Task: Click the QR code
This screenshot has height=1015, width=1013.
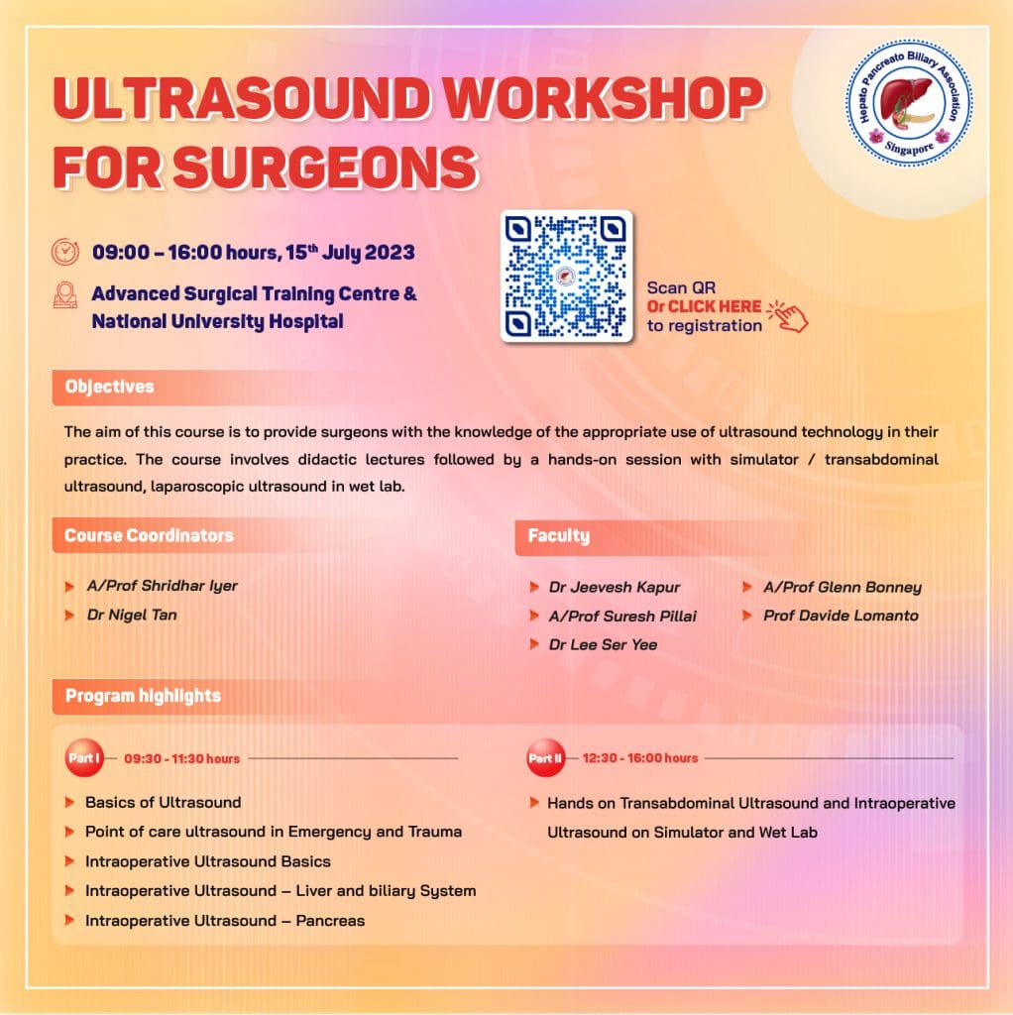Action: [x=566, y=277]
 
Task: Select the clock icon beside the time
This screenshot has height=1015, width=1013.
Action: [x=65, y=251]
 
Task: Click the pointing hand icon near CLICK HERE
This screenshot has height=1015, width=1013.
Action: [x=789, y=314]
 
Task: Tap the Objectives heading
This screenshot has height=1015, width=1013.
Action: [x=109, y=387]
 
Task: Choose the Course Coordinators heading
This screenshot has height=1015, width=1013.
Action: [x=149, y=535]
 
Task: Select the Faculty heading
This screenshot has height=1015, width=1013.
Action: [x=558, y=535]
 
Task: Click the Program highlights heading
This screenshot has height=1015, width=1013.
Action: [x=143, y=696]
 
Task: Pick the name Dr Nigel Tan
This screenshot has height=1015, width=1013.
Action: [x=132, y=615]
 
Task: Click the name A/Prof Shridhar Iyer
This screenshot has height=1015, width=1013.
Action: [x=162, y=586]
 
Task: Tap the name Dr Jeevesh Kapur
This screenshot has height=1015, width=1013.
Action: [x=615, y=587]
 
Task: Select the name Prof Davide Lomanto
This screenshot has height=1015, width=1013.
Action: [x=841, y=616]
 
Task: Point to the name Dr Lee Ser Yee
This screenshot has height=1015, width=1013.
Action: [x=603, y=644]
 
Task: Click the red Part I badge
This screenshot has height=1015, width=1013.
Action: [x=84, y=758]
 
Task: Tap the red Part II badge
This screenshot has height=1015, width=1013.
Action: [x=545, y=758]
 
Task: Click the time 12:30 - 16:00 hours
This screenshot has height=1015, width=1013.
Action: [x=640, y=758]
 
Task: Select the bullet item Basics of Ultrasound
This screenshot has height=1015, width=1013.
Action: [x=163, y=802]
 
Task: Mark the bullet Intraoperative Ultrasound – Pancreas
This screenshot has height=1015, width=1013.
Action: [x=224, y=921]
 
